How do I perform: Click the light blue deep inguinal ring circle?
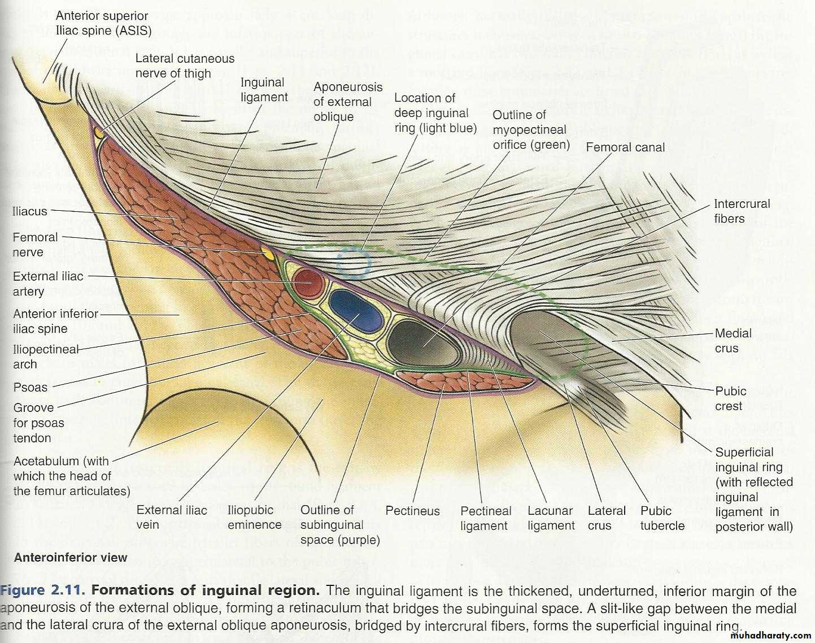[354, 262]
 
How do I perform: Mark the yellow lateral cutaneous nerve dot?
[99, 133]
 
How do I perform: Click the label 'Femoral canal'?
[625, 147]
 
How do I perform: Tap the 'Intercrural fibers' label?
[741, 211]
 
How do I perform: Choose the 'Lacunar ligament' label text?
[551, 518]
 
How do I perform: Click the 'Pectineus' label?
[412, 511]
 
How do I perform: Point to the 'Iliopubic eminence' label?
[254, 517]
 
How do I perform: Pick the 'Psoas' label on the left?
[30, 388]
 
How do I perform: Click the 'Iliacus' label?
[30, 211]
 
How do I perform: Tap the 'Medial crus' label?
[733, 341]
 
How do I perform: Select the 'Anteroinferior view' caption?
[71, 558]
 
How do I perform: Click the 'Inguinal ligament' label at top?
[264, 89]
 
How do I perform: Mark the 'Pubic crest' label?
[730, 398]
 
